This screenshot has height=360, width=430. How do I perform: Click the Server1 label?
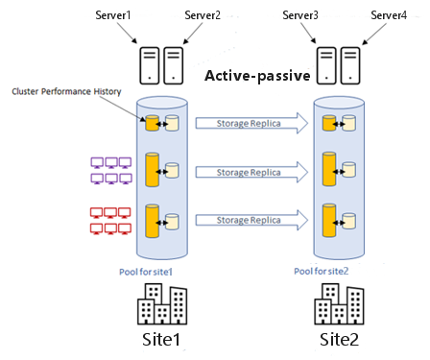tap(113, 15)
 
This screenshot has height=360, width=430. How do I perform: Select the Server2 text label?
tap(203, 15)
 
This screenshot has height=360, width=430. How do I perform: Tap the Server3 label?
tap(300, 15)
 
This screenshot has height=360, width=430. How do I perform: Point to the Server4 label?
tap(389, 15)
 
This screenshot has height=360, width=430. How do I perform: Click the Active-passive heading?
tap(257, 76)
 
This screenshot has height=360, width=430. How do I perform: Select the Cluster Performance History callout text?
tap(66, 91)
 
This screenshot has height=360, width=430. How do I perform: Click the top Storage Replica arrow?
tap(251, 123)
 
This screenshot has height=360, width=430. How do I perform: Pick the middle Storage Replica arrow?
tap(251, 172)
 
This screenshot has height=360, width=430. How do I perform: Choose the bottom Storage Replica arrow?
tap(251, 220)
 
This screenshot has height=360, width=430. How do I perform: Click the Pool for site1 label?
tap(146, 272)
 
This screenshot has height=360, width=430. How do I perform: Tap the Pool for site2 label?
tap(322, 272)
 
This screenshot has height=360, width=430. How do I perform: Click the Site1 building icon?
tap(162, 304)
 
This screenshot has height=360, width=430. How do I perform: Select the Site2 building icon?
tap(339, 304)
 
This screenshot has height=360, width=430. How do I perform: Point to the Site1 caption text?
tap(161, 339)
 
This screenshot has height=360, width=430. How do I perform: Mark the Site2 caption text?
tap(339, 339)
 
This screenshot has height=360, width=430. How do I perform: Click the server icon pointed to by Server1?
tap(150, 65)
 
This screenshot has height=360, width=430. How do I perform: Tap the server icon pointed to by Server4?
tap(350, 65)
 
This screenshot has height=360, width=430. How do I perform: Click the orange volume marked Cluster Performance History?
tap(153, 123)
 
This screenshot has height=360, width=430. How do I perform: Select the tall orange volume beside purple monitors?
tap(153, 170)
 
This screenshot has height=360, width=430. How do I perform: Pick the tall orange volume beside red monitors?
tap(153, 221)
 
